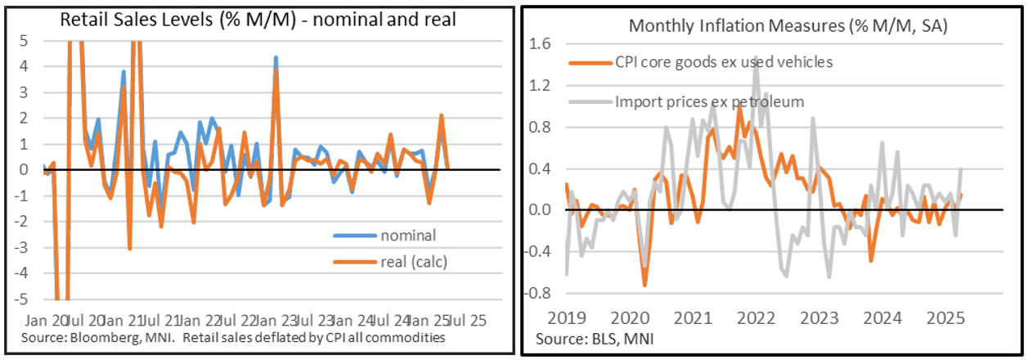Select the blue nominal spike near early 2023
coord(276,57)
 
